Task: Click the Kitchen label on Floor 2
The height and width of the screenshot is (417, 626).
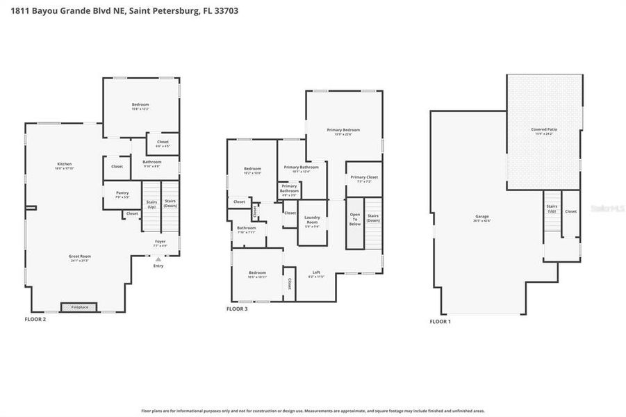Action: [x=64, y=166]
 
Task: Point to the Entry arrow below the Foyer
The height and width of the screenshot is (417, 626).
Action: [x=158, y=259]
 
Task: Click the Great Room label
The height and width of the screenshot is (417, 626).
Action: [x=80, y=257]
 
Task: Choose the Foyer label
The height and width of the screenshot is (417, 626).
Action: [x=160, y=243]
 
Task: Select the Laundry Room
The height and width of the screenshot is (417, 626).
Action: [x=312, y=222]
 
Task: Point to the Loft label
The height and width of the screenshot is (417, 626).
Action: [x=316, y=273]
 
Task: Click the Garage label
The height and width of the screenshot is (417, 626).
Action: [x=482, y=218]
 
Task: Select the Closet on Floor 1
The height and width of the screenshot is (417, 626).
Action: [x=570, y=211]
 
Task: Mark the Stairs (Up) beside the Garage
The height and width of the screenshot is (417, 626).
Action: [x=552, y=208]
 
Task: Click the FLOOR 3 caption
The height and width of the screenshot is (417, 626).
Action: [x=237, y=309]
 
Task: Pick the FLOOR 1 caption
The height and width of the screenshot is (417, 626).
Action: [x=440, y=322]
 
